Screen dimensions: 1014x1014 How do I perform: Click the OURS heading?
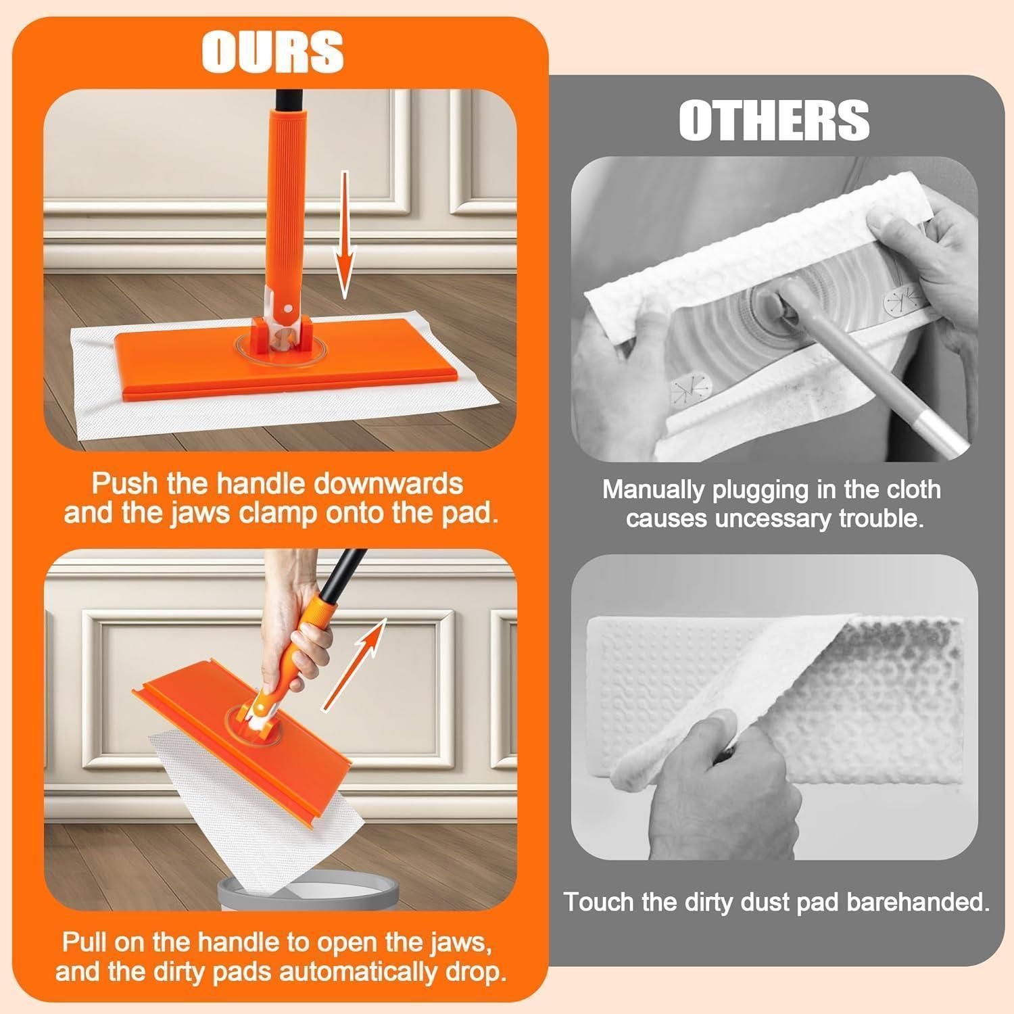273,51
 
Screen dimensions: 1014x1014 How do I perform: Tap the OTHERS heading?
774,120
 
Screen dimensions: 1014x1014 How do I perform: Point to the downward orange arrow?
345,235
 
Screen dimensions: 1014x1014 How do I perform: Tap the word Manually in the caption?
653,489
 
